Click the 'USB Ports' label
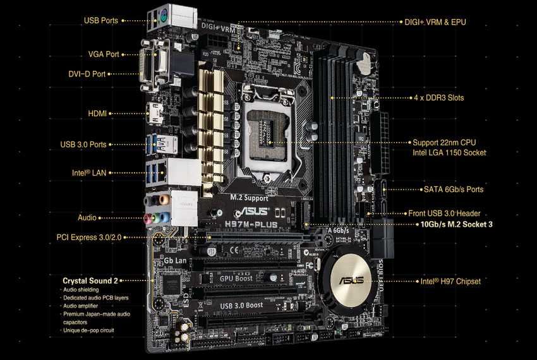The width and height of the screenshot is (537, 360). pos(100,20)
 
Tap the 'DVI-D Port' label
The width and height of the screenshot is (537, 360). pos(87,74)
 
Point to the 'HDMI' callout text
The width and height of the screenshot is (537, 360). pos(98,114)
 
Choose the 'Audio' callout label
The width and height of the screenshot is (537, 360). pos(87,217)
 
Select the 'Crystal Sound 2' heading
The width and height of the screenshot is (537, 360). pos(90,280)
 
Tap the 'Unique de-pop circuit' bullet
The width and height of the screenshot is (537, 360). pos(90,330)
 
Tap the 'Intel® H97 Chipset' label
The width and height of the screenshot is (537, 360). pos(451,281)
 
